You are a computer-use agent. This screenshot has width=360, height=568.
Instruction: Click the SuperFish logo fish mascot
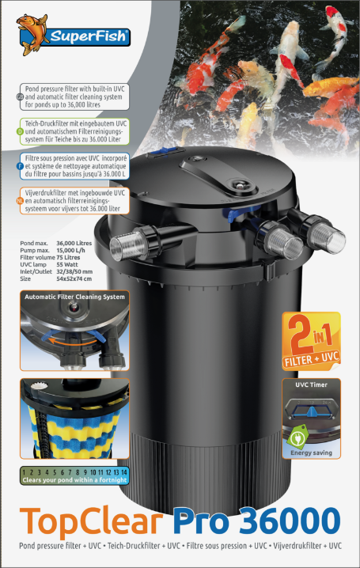tap(32, 35)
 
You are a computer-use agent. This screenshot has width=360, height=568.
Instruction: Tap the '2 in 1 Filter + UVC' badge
tap(312, 341)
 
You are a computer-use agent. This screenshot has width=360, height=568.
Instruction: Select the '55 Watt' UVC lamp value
tap(67, 264)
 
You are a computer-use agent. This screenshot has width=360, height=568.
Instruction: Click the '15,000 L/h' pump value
tap(70, 250)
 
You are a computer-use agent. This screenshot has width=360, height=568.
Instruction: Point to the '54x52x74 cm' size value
tap(74, 278)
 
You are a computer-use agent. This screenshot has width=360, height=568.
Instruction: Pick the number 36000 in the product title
tap(290, 521)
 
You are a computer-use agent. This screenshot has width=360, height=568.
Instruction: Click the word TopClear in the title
tap(91, 521)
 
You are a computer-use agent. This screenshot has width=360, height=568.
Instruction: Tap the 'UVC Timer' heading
tap(311, 384)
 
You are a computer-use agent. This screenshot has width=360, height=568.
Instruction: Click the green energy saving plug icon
tap(297, 437)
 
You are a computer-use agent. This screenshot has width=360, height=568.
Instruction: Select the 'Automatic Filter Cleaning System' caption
tap(74, 297)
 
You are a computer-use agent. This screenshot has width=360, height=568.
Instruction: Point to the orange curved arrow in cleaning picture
tap(73, 341)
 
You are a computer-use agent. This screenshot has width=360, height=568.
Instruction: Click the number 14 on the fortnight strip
tap(124, 472)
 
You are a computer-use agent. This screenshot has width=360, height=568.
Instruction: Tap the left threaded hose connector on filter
tap(131, 242)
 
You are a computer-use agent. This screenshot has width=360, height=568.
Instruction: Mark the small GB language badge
tap(21, 97)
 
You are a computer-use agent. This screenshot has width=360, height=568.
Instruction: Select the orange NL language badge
tap(21, 201)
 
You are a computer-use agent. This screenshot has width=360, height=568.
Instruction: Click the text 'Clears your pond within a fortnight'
tap(74, 480)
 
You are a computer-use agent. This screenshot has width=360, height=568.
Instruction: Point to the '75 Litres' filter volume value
tap(68, 257)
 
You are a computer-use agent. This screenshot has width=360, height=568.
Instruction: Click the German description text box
tap(74, 131)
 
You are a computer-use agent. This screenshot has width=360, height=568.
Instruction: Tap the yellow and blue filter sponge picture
tap(74, 418)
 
